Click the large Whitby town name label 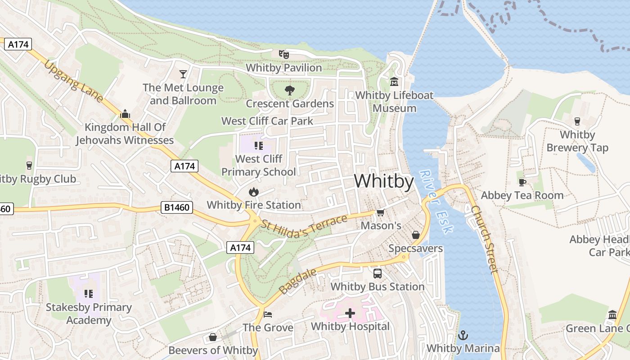tap(383, 181)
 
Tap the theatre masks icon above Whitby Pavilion tap(283, 54)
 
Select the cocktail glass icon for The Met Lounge tap(183, 74)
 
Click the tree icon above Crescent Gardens tap(290, 90)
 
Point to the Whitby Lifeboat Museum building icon tap(394, 82)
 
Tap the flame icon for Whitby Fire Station tap(254, 192)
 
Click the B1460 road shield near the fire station tap(177, 207)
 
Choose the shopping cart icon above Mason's tap(380, 212)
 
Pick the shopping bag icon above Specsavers tap(415, 235)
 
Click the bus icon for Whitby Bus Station tap(378, 273)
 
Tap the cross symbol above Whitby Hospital tap(350, 313)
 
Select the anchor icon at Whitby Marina tap(463, 335)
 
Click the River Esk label tap(436, 201)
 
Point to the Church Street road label tap(485, 239)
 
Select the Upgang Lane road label tap(73, 81)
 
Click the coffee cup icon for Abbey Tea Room tap(522, 182)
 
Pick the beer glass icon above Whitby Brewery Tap tap(577, 121)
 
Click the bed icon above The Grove tap(268, 314)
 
